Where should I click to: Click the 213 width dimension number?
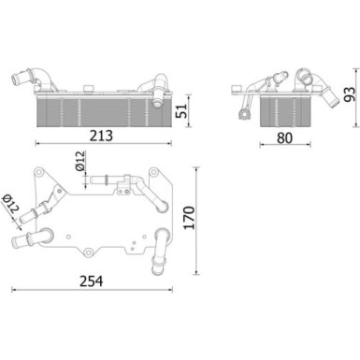(x=101, y=136)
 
